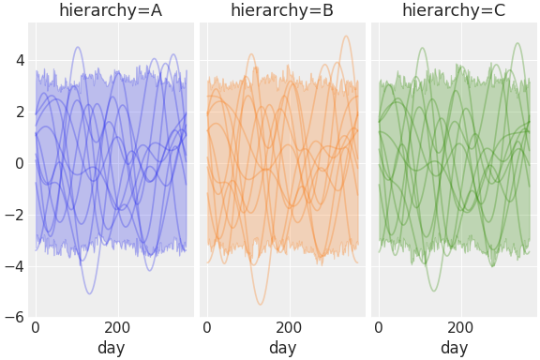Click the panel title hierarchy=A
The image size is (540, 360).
click(111, 11)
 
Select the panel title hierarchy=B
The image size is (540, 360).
click(282, 11)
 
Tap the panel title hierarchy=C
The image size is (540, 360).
click(454, 11)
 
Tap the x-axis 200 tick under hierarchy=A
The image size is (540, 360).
click(117, 328)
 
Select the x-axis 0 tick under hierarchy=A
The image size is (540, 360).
click(36, 328)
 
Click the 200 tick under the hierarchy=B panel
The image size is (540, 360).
click(289, 328)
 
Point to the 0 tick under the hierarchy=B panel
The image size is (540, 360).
click(207, 328)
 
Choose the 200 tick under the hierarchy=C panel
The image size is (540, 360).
click(460, 328)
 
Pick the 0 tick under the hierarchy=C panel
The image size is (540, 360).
click(379, 328)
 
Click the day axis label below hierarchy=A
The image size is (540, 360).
click(111, 348)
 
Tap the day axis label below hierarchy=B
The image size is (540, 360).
click(282, 348)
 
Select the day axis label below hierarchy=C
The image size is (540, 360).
click(454, 348)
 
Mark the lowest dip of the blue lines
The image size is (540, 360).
click(90, 294)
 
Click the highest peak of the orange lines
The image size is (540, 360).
click(346, 37)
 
